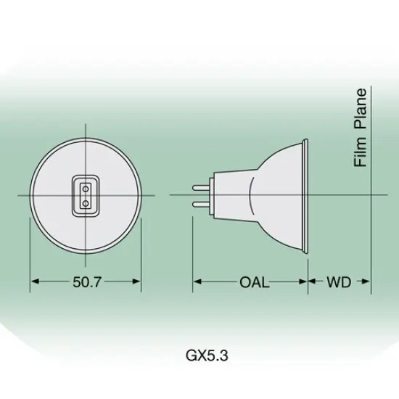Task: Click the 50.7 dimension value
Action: pos(87,282)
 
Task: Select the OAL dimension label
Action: pos(254,282)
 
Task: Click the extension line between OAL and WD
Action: pos(307,268)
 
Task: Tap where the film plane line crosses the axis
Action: pos(371,195)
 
